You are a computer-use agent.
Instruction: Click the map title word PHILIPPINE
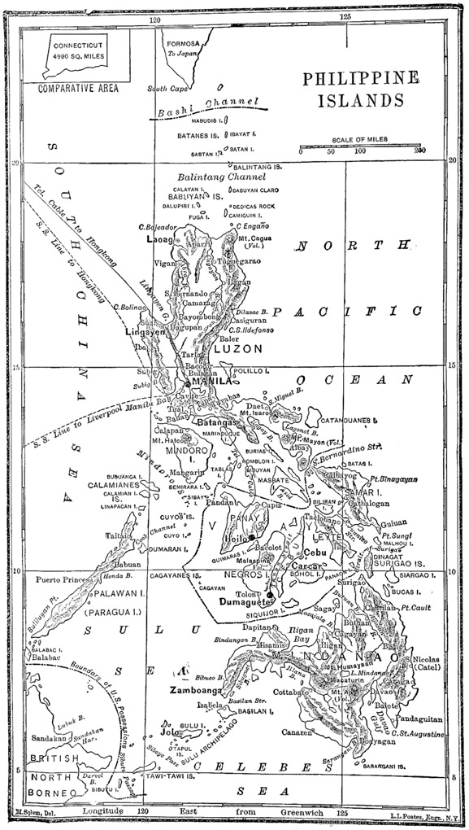tap(361, 79)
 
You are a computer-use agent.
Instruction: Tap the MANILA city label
tap(210, 381)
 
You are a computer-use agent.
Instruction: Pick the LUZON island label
tap(238, 348)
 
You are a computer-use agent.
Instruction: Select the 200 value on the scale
tap(419, 151)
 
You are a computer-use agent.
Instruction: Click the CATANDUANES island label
tap(349, 422)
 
